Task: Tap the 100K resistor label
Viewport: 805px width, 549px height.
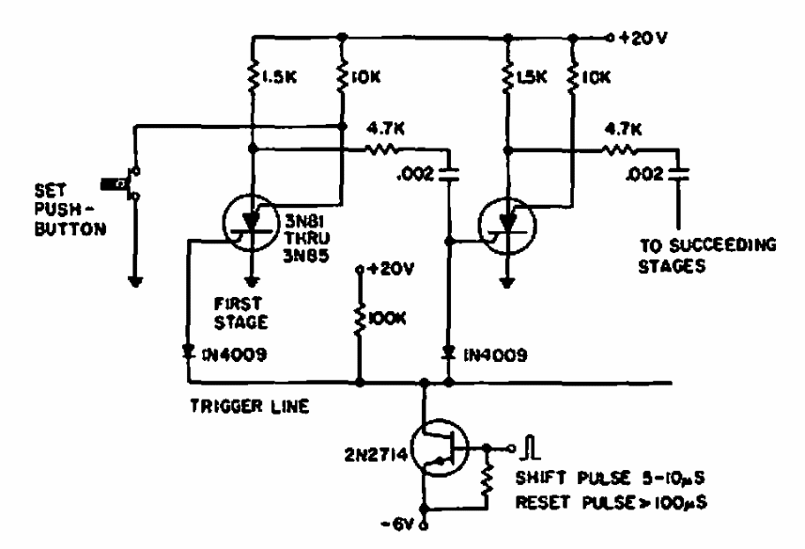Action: pos(387,319)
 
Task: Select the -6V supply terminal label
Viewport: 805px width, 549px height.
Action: pos(397,525)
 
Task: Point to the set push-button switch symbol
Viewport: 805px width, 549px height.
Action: pos(122,183)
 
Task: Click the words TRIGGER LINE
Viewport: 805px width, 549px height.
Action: pos(250,406)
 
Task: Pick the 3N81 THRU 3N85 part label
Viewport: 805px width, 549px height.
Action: pos(307,238)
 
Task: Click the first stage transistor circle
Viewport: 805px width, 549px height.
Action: pos(251,224)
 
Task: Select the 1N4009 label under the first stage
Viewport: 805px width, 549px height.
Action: pos(235,354)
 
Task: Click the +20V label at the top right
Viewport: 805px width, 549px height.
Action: pos(643,38)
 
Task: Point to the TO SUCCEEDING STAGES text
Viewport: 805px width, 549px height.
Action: pos(707,256)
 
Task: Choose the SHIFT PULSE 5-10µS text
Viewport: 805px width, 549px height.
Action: pos(610,478)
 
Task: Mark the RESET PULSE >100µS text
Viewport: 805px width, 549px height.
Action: pos(611,502)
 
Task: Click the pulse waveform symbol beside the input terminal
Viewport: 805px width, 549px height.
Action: pos(531,447)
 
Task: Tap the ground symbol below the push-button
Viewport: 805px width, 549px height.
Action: pos(136,281)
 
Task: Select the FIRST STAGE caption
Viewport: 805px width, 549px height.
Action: pos(240,313)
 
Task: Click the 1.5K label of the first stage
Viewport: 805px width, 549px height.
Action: pos(279,77)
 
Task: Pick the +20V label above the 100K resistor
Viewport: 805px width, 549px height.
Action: pos(391,269)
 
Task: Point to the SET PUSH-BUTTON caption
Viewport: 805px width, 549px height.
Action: pos(70,210)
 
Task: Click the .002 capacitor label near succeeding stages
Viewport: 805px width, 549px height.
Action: pos(644,175)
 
